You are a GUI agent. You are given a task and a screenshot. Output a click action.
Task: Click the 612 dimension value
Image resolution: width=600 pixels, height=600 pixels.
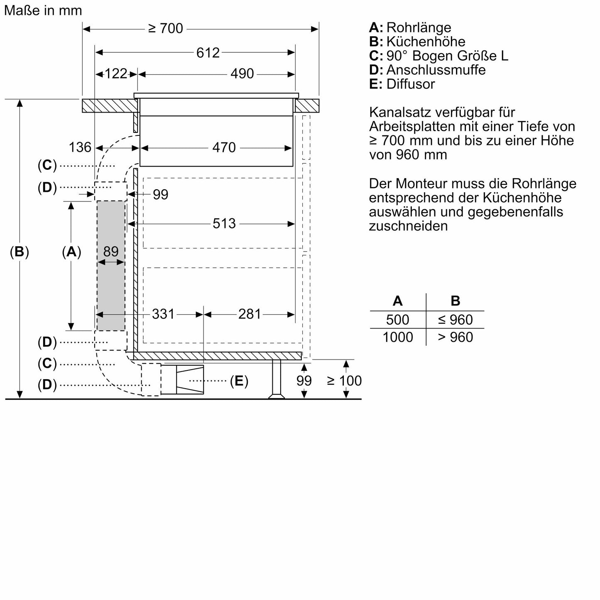pyautogui.click(x=208, y=53)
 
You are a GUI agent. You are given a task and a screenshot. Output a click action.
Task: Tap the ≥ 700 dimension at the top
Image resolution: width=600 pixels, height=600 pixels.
pyautogui.click(x=165, y=29)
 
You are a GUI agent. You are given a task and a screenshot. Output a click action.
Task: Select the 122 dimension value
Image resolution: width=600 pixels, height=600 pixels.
pyautogui.click(x=116, y=74)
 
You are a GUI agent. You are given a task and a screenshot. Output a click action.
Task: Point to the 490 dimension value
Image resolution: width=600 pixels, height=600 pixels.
pyautogui.click(x=242, y=74)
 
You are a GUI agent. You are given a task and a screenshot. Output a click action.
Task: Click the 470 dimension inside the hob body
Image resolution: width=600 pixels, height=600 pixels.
pyautogui.click(x=224, y=147)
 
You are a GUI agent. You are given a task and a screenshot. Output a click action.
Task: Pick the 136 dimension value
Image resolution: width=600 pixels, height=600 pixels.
pyautogui.click(x=80, y=147)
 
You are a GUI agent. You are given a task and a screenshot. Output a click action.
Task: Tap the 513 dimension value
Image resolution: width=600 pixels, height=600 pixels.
pyautogui.click(x=224, y=223)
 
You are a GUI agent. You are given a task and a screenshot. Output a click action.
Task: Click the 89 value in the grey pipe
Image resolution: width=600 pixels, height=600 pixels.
pyautogui.click(x=111, y=251)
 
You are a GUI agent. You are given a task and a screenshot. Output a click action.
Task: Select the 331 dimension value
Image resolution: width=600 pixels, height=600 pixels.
pyautogui.click(x=163, y=314)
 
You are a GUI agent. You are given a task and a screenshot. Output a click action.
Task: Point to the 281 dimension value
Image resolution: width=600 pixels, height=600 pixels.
pyautogui.click(x=250, y=314)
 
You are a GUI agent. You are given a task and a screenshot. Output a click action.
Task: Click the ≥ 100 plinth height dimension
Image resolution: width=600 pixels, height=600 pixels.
pyautogui.click(x=344, y=380)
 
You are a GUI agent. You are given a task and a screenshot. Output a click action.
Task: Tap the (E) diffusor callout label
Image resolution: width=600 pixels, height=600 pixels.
pyautogui.click(x=239, y=381)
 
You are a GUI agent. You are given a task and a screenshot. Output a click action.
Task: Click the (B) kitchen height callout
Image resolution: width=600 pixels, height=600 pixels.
pyautogui.click(x=19, y=252)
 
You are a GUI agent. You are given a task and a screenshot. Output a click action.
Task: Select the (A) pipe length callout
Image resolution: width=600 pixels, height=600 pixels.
pyautogui.click(x=71, y=252)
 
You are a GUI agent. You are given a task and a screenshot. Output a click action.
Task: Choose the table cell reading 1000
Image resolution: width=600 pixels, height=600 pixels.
pyautogui.click(x=398, y=337)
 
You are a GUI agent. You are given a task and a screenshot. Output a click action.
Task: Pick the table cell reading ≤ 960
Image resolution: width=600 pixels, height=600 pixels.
pyautogui.click(x=455, y=320)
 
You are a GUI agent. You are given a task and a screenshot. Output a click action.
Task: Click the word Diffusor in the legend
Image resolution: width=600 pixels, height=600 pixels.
pyautogui.click(x=411, y=84)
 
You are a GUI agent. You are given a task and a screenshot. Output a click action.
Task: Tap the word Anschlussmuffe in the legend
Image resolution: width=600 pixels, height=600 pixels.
pyautogui.click(x=436, y=70)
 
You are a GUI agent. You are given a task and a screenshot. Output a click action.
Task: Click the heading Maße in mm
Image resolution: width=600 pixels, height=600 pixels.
pyautogui.click(x=43, y=10)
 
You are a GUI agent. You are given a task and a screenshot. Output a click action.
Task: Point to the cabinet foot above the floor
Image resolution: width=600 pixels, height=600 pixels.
pyautogui.click(x=277, y=379)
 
